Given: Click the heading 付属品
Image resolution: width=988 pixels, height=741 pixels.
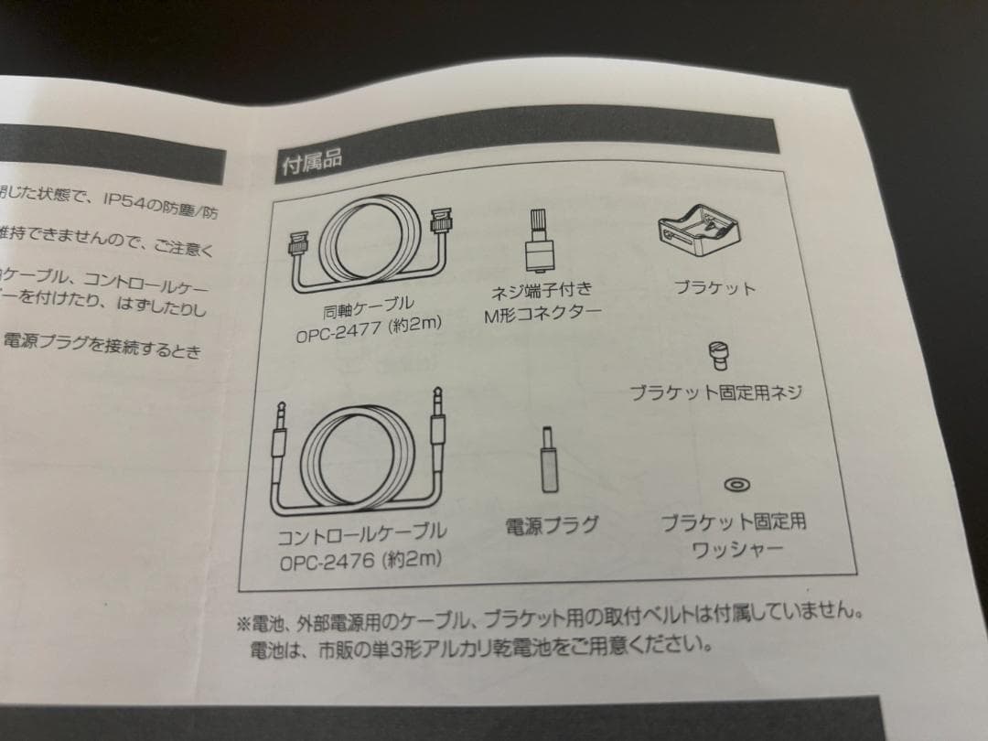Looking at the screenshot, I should click(x=311, y=161).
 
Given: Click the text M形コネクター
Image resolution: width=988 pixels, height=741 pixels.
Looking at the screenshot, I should click(x=542, y=315).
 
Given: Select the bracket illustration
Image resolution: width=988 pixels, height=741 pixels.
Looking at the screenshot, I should click(x=701, y=228).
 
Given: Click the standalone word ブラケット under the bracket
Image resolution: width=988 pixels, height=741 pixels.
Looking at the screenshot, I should click(x=714, y=288).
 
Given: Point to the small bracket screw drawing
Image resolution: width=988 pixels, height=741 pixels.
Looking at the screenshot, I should click(x=721, y=352).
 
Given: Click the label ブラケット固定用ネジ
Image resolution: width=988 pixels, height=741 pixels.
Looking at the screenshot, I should click(x=715, y=393).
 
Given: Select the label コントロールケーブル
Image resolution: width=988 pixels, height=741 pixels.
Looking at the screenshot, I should click(x=362, y=532).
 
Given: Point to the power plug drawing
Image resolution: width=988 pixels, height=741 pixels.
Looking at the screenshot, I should click(x=548, y=462).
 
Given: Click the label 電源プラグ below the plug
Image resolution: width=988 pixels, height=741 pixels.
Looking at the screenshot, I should click(x=553, y=525).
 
